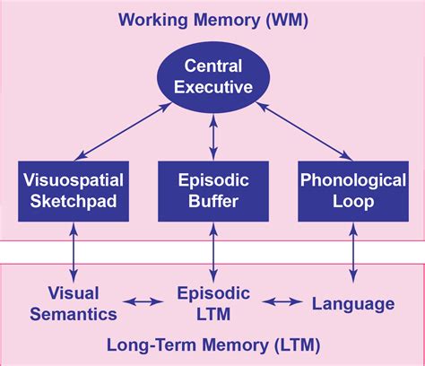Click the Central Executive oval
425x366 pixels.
(x=212, y=78)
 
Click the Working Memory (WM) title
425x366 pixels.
(x=212, y=20)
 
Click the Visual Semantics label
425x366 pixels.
(x=73, y=303)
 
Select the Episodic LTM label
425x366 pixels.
(x=212, y=303)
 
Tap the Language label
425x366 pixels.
(x=352, y=303)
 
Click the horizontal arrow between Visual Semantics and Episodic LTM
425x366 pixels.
(x=142, y=304)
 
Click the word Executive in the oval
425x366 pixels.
(x=212, y=89)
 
